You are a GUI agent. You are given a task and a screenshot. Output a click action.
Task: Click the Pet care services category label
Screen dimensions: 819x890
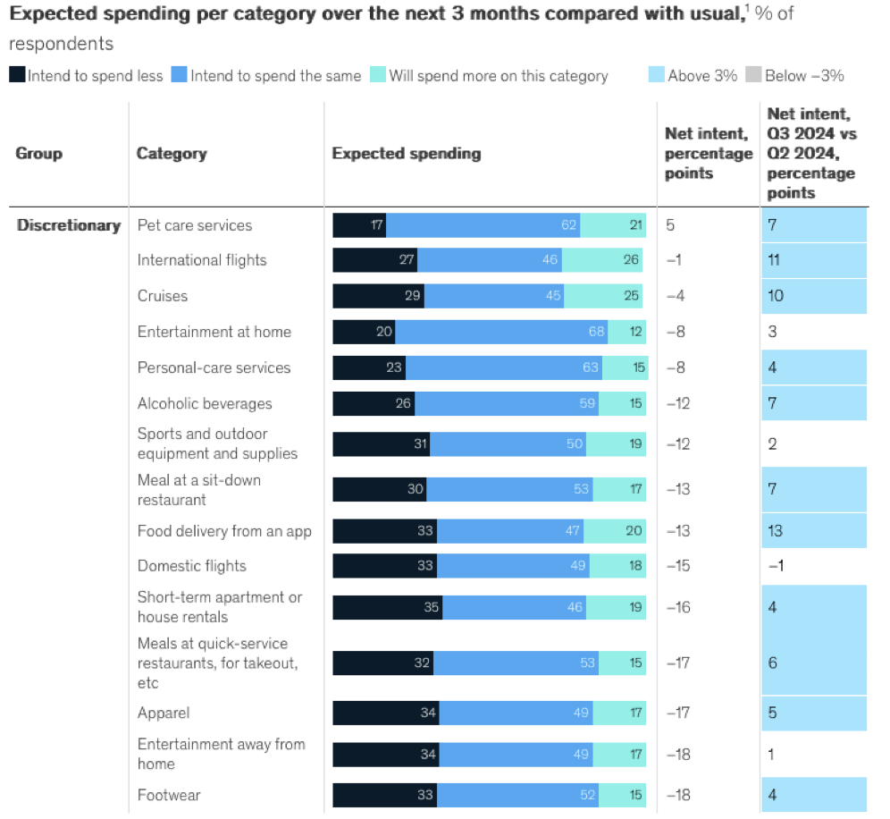[194, 225]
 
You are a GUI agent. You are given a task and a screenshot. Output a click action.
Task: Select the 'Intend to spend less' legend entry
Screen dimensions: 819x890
[87, 76]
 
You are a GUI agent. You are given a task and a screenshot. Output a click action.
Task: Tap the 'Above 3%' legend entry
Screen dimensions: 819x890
[693, 76]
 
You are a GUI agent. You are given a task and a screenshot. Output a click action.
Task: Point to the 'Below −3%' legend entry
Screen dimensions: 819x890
[794, 76]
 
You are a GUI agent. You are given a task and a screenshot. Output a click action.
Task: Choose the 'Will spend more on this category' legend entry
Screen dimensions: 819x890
[489, 76]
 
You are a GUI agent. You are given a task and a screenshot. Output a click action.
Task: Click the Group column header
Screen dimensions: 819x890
[39, 154]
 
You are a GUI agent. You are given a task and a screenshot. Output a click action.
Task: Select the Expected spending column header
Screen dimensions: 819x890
[406, 154]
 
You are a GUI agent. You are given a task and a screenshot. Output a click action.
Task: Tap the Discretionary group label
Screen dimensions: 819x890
[68, 225]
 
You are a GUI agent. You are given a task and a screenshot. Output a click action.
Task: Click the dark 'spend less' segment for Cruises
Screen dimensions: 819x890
[378, 296]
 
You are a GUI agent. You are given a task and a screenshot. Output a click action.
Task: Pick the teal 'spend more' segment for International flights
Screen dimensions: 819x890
[602, 260]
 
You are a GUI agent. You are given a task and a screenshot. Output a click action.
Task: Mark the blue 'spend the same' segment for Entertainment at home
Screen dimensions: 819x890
[501, 332]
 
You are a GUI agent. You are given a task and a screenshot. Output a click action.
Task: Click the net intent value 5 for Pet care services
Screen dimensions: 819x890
[670, 225]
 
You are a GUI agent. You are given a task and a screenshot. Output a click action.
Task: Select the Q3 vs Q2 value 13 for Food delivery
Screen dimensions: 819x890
[775, 531]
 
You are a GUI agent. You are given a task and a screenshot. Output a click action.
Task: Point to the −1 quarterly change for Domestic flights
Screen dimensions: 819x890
[776, 566]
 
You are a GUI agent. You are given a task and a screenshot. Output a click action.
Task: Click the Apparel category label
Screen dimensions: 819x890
[163, 713]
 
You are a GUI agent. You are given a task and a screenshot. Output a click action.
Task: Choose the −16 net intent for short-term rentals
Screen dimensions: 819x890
[678, 608]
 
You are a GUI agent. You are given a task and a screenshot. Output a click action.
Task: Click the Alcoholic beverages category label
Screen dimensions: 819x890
[204, 403]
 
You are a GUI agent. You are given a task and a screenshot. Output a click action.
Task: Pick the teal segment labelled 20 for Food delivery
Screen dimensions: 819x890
[614, 531]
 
